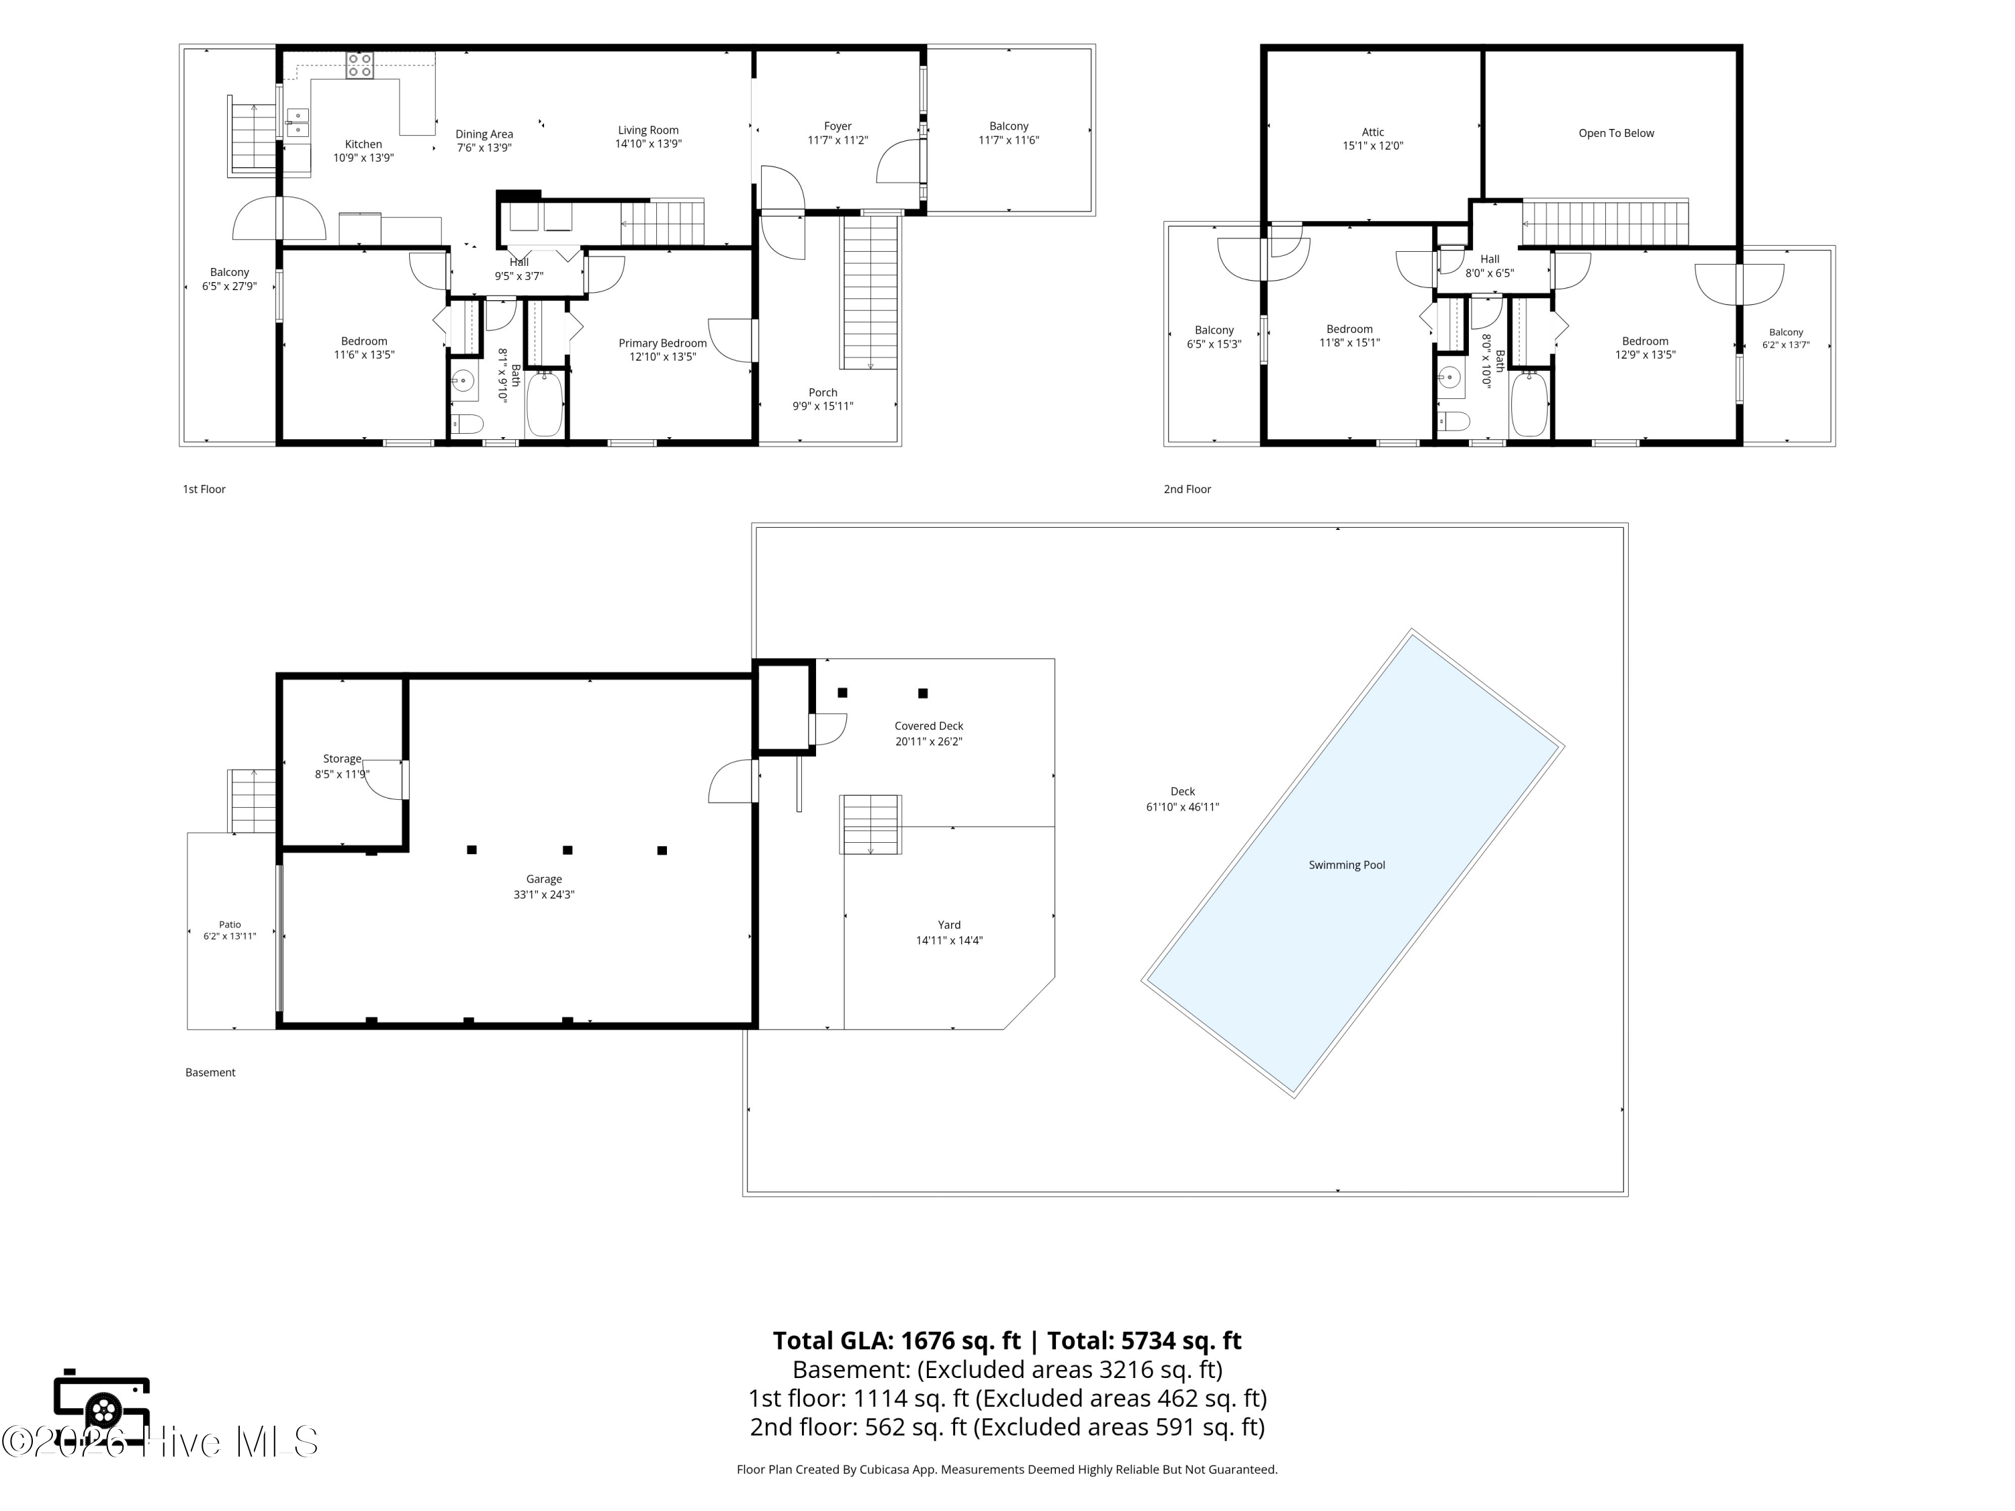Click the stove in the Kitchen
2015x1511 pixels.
pyautogui.click(x=359, y=66)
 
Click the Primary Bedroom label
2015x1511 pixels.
pyautogui.click(x=662, y=343)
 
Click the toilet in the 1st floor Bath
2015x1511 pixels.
pyautogui.click(x=467, y=424)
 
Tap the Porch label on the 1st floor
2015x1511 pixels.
pyautogui.click(x=823, y=393)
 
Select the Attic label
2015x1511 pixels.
pyautogui.click(x=1373, y=132)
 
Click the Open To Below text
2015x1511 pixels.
pyautogui.click(x=1616, y=133)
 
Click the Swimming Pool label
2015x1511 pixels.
pyautogui.click(x=1347, y=865)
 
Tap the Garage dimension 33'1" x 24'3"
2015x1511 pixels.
pyautogui.click(x=544, y=895)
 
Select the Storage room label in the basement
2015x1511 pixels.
pyautogui.click(x=343, y=759)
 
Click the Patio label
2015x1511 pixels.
pyautogui.click(x=230, y=925)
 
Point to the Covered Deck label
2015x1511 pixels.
pyautogui.click(x=928, y=726)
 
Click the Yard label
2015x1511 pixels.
pyautogui.click(x=949, y=925)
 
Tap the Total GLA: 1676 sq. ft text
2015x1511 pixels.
pyautogui.click(x=897, y=1340)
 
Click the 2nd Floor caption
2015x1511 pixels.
pyautogui.click(x=1187, y=489)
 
